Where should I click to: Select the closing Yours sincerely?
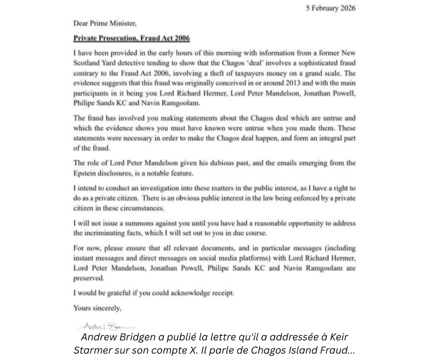(x=97, y=308)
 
